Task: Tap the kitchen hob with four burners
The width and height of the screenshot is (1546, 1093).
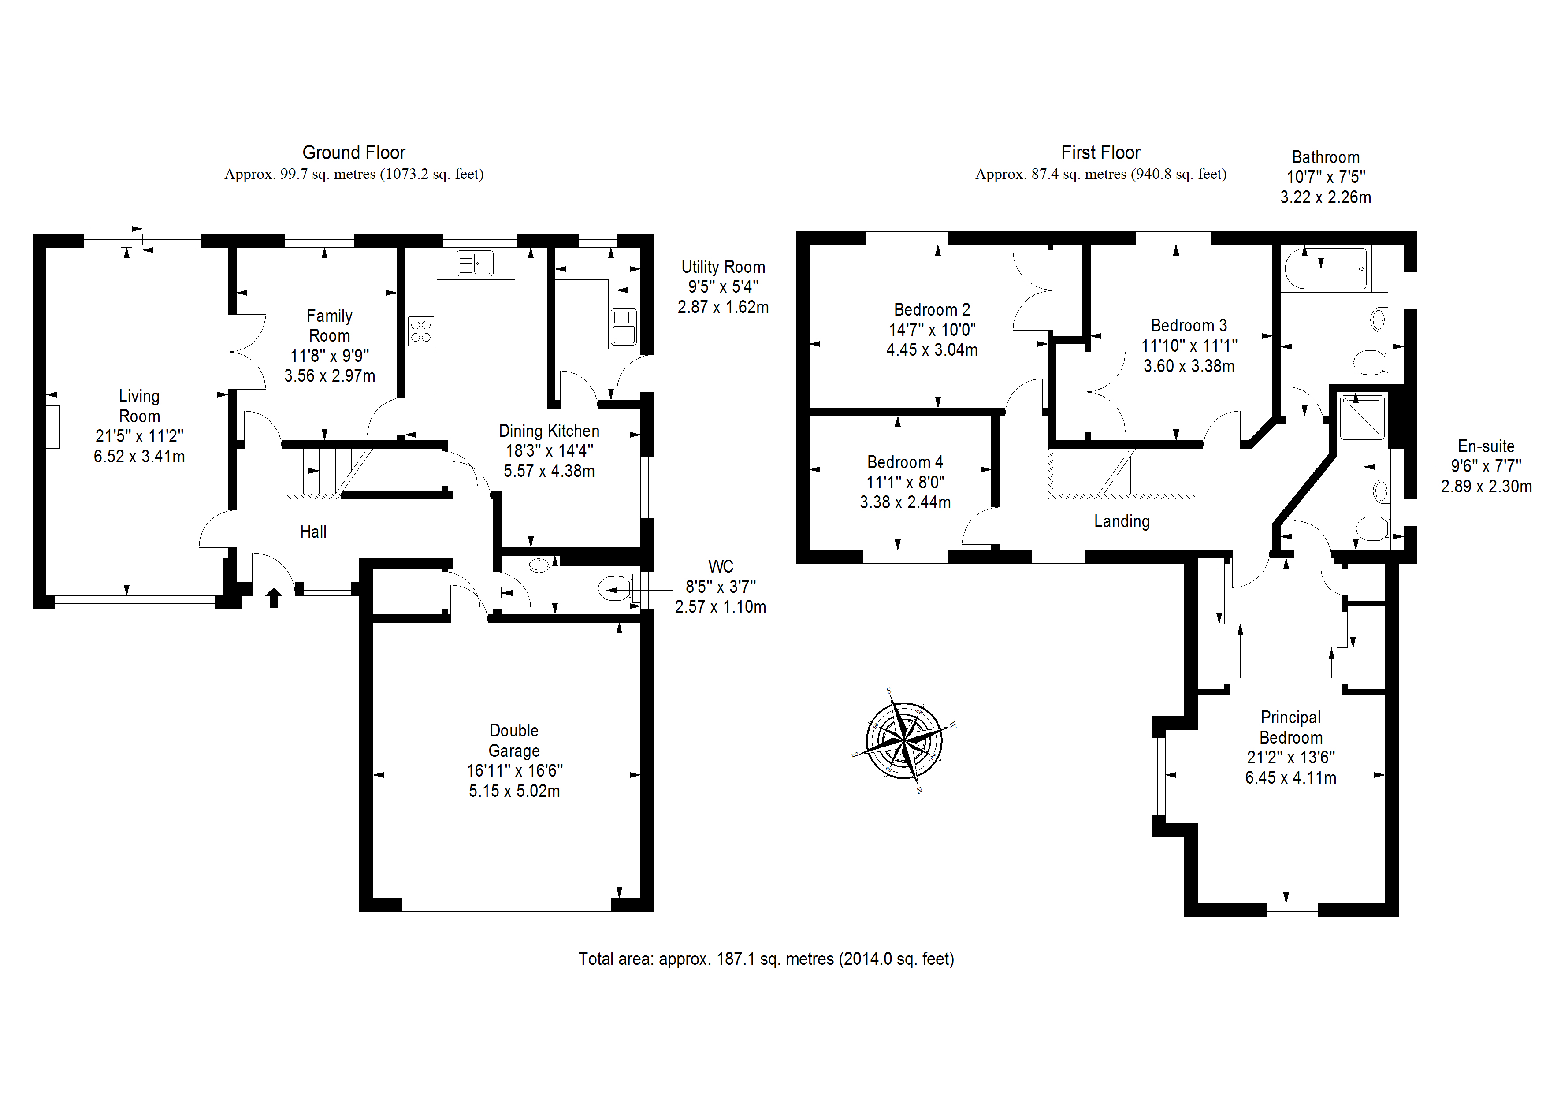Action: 421,331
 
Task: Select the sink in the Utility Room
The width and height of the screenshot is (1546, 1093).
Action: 624,327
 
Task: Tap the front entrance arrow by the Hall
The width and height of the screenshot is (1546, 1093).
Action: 273,597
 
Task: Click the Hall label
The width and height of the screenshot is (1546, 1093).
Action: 313,532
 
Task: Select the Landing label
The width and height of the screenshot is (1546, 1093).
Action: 1122,521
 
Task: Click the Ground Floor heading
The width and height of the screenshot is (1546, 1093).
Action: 353,153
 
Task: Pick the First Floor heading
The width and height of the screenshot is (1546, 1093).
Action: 1100,153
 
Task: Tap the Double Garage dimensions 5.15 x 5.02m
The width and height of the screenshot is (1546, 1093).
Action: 514,791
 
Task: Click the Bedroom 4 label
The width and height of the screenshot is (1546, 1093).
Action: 904,463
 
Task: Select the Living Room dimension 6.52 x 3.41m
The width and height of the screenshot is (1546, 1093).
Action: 139,457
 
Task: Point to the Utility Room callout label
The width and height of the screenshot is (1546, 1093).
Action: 723,268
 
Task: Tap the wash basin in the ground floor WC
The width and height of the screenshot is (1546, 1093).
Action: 539,564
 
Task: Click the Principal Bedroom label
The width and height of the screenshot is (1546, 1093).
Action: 1291,727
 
